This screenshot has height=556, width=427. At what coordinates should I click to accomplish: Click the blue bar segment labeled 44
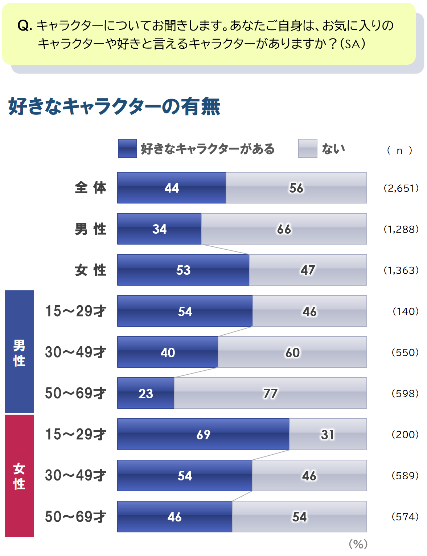171,188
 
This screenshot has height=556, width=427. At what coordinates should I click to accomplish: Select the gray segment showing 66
284,229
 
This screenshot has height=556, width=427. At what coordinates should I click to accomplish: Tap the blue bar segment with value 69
203,434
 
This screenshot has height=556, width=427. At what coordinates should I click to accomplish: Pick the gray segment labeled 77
270,393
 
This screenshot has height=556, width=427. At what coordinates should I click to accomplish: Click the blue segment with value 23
145,393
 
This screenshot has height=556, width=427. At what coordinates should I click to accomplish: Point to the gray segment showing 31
328,434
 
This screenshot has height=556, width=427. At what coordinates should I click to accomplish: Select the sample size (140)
405,311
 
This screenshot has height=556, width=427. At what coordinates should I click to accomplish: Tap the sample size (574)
405,516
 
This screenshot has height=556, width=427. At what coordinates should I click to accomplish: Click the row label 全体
90,188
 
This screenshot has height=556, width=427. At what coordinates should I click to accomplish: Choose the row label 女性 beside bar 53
90,270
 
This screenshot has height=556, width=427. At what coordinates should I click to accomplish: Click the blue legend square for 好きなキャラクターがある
127,148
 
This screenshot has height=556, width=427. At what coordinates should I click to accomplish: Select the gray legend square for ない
308,148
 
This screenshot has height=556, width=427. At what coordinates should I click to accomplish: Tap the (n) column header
399,150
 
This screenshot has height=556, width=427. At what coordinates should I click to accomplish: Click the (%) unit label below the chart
358,544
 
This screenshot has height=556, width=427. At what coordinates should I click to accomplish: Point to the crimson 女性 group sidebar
19,476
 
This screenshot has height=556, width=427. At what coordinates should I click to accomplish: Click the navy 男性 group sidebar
19,352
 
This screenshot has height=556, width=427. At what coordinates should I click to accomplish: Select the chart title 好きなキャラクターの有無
114,106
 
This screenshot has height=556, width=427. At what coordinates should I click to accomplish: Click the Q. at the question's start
25,26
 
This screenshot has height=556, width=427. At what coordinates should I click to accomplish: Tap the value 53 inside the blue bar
183,270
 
